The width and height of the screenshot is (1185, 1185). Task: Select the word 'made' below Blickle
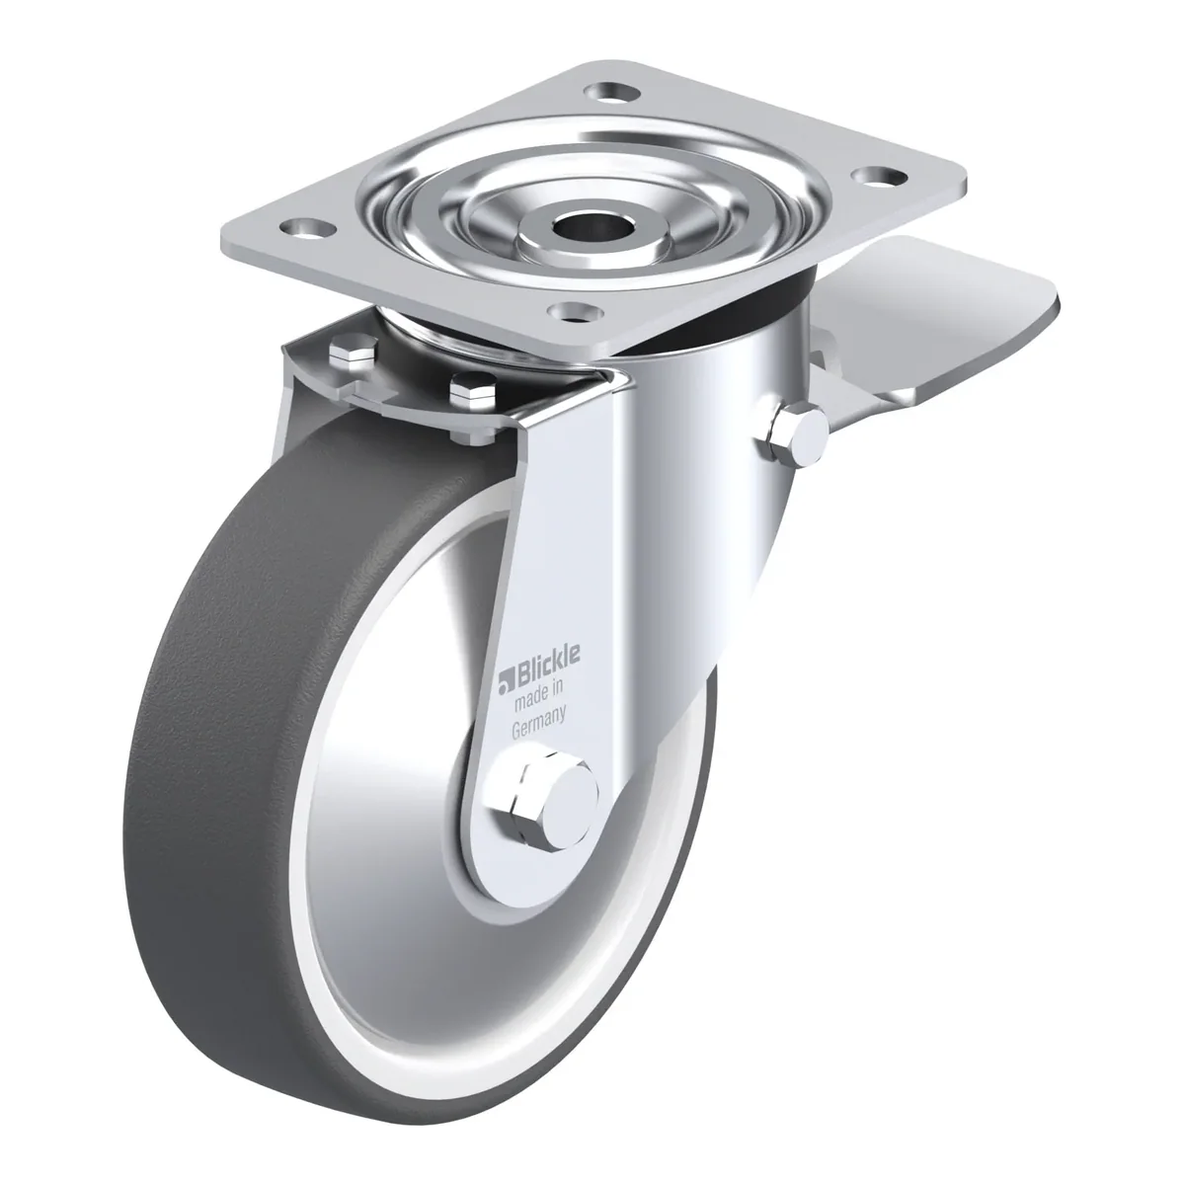click(x=530, y=698)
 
